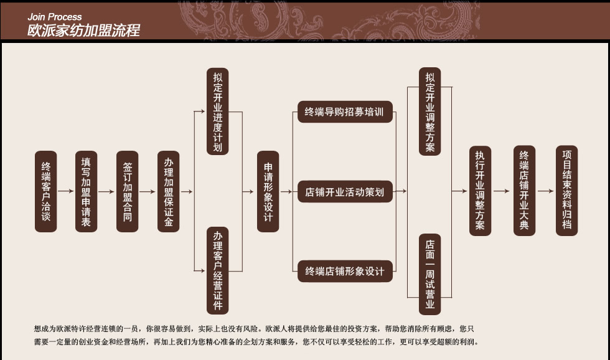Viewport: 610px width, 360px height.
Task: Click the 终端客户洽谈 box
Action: coord(45,192)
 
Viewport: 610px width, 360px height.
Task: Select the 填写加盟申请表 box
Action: coord(86,192)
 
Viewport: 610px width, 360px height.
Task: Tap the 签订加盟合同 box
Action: coord(127,192)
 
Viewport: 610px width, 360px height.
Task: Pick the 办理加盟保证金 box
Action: coord(168,192)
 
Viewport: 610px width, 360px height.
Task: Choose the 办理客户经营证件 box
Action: coord(217,271)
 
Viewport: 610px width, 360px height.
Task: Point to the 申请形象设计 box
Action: coord(268,192)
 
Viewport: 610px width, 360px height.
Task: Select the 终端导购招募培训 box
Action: coord(345,113)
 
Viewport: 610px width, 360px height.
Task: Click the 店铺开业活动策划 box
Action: coord(345,192)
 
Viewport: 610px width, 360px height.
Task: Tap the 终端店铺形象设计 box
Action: coord(345,272)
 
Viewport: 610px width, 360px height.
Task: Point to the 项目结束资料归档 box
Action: coord(566,191)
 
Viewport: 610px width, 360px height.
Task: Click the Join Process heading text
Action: coord(55,17)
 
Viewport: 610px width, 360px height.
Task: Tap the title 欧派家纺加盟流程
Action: coord(83,30)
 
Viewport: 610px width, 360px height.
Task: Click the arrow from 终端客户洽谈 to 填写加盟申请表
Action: coord(65,192)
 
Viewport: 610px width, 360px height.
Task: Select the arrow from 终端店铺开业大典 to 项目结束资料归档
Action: coord(545,192)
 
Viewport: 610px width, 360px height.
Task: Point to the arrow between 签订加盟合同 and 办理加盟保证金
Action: coord(148,192)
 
